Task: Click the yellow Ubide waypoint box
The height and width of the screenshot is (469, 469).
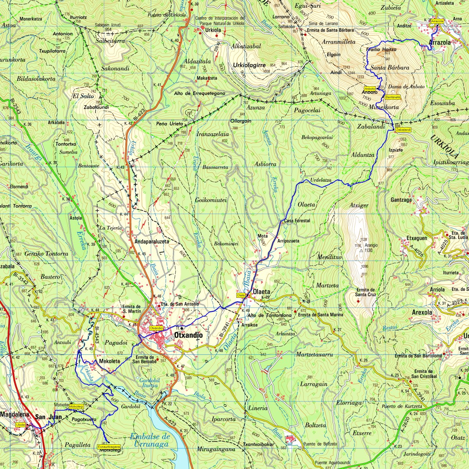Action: tap(20, 424)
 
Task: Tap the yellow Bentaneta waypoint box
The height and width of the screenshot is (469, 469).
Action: tap(392, 97)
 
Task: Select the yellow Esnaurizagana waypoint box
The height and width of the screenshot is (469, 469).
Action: tap(109, 446)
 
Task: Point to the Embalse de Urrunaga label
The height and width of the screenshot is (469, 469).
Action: tap(150, 440)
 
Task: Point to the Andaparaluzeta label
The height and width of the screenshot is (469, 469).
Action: tap(152, 242)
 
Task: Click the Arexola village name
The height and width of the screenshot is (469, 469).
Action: tap(422, 312)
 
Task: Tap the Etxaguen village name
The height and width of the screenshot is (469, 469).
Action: tap(417, 238)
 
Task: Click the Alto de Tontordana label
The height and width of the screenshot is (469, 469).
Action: tap(270, 315)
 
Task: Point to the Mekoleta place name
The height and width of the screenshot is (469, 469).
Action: tap(109, 361)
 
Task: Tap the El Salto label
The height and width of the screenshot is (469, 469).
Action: tap(83, 95)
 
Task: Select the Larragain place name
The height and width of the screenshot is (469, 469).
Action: tap(313, 384)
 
